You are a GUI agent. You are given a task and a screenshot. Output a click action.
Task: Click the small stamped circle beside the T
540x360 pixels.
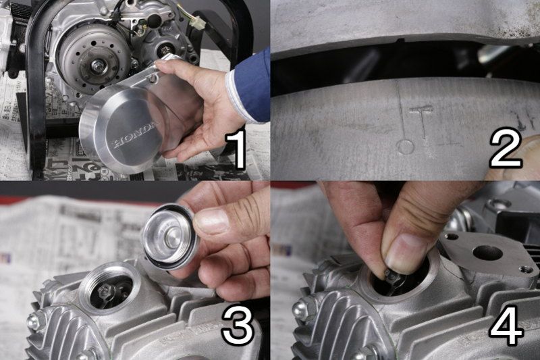click(x=406, y=147)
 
